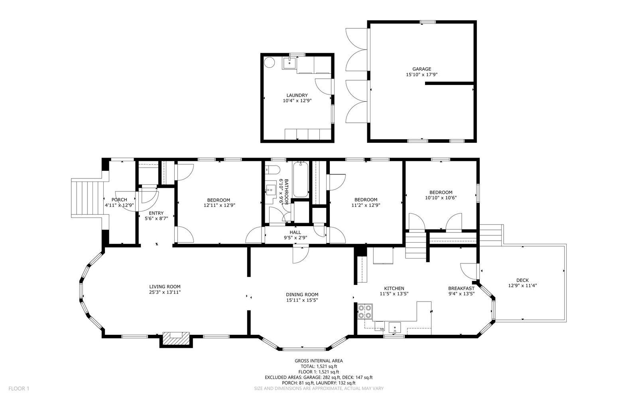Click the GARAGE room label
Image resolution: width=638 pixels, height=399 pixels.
click(x=421, y=69)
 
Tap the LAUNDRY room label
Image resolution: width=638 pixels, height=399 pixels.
click(x=297, y=95)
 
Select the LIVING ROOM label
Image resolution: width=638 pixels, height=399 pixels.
click(x=165, y=287)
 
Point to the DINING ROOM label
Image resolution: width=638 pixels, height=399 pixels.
click(x=302, y=295)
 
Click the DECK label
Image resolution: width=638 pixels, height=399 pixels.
click(x=522, y=280)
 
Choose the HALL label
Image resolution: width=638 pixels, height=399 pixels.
click(x=295, y=232)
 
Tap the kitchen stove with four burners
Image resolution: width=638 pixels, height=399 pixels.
click(x=365, y=312)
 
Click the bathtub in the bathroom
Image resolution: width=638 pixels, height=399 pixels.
click(x=301, y=180)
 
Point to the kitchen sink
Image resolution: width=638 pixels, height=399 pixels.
click(x=395, y=328)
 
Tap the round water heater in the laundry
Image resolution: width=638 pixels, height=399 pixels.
click(x=269, y=62)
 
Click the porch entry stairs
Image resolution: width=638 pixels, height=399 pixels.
click(x=87, y=198)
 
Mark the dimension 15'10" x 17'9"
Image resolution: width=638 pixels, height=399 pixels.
click(x=421, y=75)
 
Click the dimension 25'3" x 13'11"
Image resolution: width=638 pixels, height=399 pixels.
click(x=165, y=292)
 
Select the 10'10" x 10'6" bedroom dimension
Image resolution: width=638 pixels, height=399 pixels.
click(x=441, y=198)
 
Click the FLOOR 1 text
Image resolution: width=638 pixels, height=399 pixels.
click(x=19, y=389)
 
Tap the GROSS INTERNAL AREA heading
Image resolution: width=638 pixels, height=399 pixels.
click(x=319, y=361)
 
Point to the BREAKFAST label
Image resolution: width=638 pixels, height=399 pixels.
click(x=461, y=288)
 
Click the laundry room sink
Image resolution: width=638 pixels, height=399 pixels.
click(x=289, y=62)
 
